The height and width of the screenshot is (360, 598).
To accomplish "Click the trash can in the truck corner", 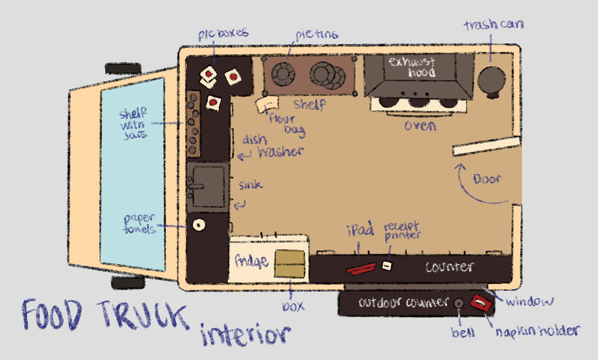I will [x=492, y=80].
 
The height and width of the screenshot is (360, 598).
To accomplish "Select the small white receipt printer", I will [x=387, y=265].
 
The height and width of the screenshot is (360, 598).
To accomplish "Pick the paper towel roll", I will [x=197, y=225].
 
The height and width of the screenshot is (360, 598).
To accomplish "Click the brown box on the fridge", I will [x=290, y=263].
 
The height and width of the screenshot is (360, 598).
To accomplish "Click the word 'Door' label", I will [x=488, y=180].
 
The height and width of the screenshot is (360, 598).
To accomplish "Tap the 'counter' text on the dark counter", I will [x=450, y=267].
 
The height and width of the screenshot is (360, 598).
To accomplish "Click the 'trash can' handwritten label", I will [x=493, y=26].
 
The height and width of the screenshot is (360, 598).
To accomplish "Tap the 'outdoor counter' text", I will [x=396, y=302].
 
